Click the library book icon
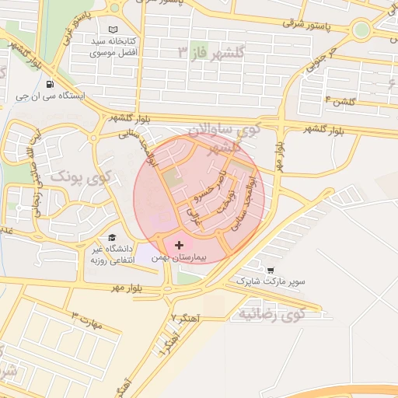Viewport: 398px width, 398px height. (x=114, y=28)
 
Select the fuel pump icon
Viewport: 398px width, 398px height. (x=50, y=85)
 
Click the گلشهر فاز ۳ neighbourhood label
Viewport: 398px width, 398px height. (x=211, y=53)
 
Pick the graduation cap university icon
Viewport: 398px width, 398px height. (x=112, y=238)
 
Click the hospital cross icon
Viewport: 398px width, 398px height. (x=180, y=245)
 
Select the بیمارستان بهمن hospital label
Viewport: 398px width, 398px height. (x=200, y=256)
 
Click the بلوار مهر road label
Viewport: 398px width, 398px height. (x=128, y=288)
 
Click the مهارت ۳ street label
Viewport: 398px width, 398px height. (x=86, y=319)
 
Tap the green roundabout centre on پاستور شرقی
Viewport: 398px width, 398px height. (x=360, y=31)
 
